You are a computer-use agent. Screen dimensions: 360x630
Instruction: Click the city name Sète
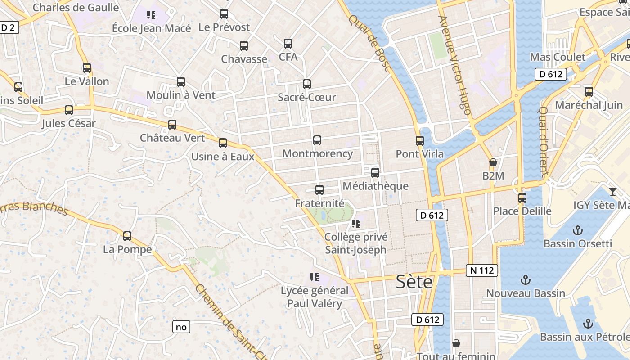414,282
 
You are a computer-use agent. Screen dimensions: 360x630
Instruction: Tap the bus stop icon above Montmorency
317,140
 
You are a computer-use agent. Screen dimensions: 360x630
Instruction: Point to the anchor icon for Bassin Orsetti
577,231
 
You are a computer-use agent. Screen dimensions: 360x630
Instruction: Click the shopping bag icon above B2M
493,162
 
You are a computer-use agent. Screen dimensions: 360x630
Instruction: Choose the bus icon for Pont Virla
420,141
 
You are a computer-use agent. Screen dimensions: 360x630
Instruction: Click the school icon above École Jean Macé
151,15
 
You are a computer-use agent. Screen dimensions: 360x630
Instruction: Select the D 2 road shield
8,27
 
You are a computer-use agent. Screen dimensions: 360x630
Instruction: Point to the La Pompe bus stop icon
127,236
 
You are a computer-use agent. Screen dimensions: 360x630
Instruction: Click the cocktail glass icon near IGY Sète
612,192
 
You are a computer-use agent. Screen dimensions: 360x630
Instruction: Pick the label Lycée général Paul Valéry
315,297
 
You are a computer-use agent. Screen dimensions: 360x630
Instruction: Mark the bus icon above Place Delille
522,198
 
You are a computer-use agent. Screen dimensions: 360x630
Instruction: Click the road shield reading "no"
181,327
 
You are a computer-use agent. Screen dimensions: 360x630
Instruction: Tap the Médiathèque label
375,186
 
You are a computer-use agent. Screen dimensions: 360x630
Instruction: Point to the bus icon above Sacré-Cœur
307,84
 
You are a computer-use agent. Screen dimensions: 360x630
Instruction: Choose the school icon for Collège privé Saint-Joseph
356,224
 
